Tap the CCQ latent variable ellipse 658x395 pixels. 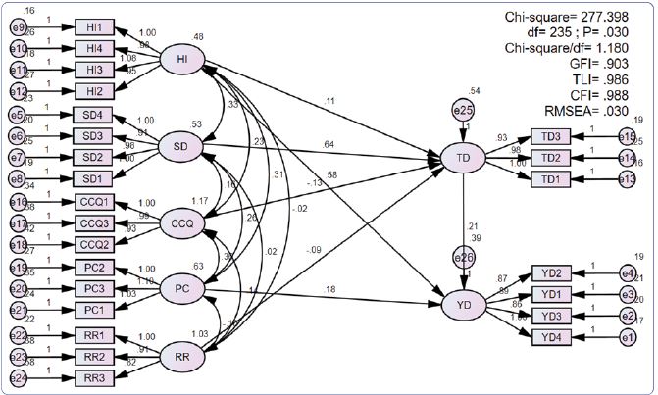point(183,222)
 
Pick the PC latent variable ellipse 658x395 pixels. point(183,287)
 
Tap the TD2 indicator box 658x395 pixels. point(551,156)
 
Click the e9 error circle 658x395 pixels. point(18,26)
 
